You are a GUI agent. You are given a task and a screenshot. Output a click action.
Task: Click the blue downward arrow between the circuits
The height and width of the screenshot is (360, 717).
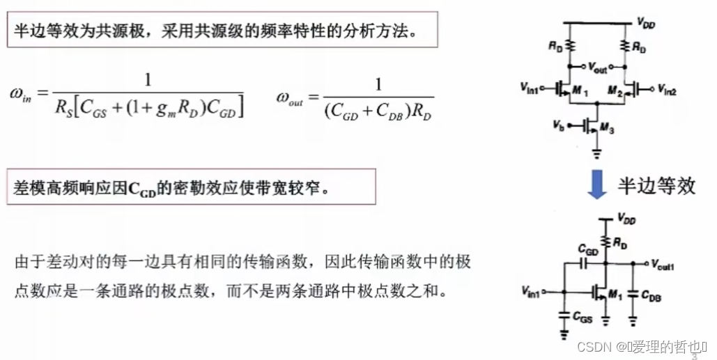tap(593, 186)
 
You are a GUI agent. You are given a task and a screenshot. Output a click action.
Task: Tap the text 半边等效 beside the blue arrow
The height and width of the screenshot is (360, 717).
tap(656, 185)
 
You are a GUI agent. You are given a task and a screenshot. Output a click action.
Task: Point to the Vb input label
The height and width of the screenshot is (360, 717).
tap(557, 125)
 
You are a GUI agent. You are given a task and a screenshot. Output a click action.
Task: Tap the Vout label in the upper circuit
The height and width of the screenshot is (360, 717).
tap(597, 70)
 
